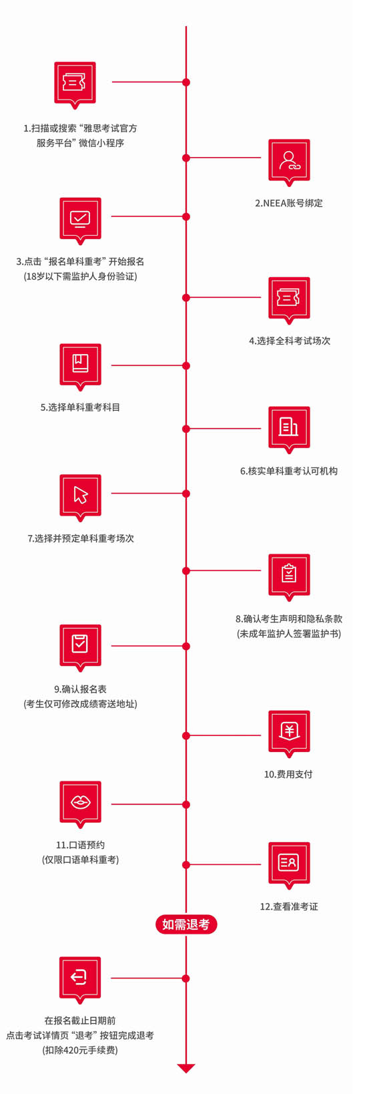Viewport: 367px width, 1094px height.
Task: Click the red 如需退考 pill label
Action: tap(186, 924)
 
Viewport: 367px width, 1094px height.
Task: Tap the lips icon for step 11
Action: tap(80, 802)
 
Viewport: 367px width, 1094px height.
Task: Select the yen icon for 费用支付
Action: tap(289, 731)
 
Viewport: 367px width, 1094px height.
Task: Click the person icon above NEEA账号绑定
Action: tap(289, 160)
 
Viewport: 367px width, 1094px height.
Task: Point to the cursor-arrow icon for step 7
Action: tap(80, 495)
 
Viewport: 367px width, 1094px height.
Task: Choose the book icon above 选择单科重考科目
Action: tap(80, 365)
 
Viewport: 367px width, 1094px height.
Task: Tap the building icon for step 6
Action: tap(289, 427)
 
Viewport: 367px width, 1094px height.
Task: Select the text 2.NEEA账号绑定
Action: tap(289, 203)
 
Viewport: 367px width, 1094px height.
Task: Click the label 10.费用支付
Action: tap(288, 774)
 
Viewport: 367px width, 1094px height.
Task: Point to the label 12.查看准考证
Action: tap(289, 906)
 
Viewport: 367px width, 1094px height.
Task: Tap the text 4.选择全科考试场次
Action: tap(290, 341)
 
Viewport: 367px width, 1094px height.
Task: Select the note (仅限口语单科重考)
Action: tap(81, 860)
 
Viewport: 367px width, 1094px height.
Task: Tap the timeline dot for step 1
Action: tap(186, 82)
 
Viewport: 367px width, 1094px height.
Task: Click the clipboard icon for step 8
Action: tap(289, 575)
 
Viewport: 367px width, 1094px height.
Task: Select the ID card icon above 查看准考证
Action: tap(289, 863)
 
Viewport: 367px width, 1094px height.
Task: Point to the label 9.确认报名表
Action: tap(80, 689)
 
